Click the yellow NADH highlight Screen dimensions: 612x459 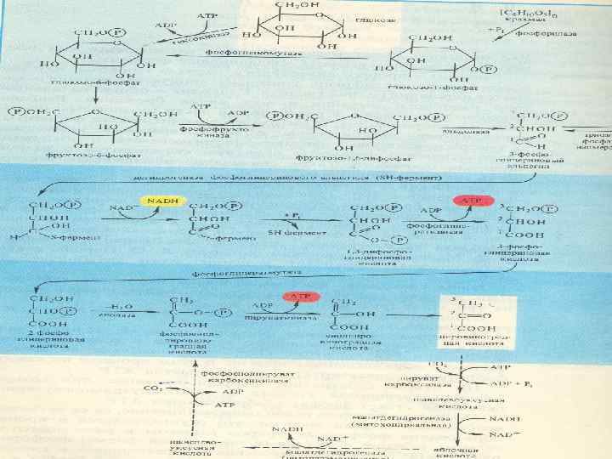click(x=158, y=201)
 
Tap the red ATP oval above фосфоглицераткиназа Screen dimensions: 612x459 click(x=472, y=201)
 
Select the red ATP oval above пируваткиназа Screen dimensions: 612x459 click(x=300, y=297)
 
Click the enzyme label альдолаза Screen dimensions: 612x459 click(x=462, y=132)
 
